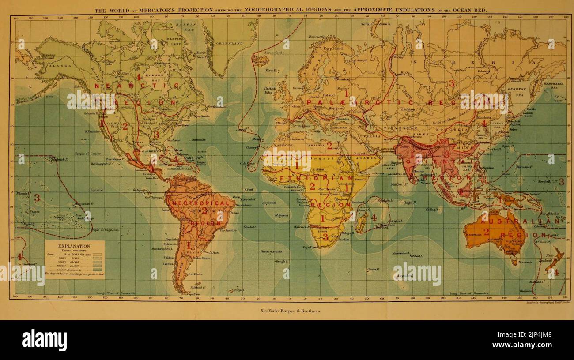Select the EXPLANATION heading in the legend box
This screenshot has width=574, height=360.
pyautogui.click(x=74, y=246)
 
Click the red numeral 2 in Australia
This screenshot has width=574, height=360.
pyautogui.click(x=486, y=231)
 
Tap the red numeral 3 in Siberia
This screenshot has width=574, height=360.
pyautogui.click(x=451, y=83)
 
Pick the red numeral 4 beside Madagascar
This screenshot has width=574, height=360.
pyautogui.click(x=374, y=217)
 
